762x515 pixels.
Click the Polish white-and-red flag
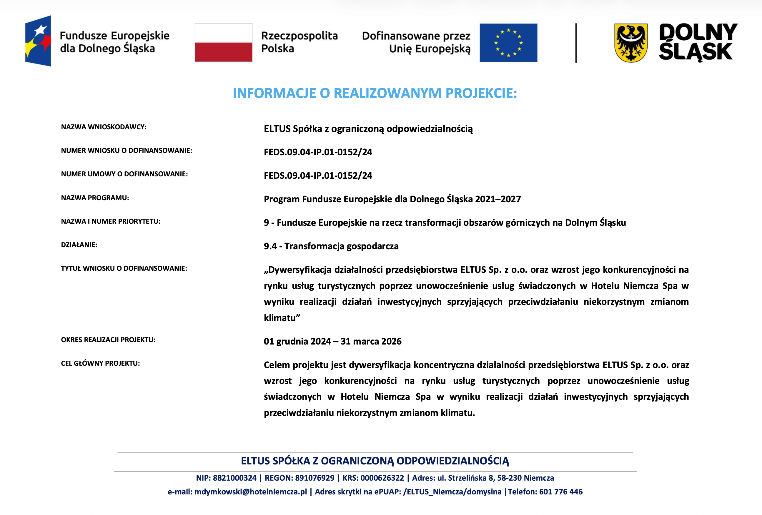pos(223,43)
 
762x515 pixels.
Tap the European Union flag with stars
pos(508,43)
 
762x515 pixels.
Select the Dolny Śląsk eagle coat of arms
pos(630,43)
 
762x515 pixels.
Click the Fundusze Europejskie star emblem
pos(38,41)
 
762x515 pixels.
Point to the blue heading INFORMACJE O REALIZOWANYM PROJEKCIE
pos(375,93)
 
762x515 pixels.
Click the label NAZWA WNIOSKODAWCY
pos(104,127)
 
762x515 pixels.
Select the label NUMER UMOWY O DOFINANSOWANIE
pos(124,174)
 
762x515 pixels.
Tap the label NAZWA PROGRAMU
pos(95,198)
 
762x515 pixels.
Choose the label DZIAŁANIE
pos(79,245)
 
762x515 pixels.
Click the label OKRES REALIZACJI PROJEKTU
pos(108,340)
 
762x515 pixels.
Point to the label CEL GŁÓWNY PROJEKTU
pos(100,363)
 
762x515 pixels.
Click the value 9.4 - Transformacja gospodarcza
pos(331,246)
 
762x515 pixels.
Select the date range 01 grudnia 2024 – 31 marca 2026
pos(332,341)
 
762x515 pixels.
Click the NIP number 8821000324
pos(234,478)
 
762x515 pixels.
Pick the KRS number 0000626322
pos(382,478)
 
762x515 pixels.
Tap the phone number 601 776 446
pos(561,492)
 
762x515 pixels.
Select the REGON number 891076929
pos(315,478)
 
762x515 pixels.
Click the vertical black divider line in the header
pos(576,43)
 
